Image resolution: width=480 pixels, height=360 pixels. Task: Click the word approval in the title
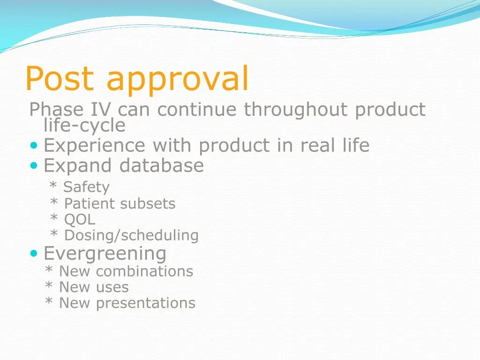[x=177, y=81]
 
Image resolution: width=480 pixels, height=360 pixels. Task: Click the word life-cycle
[x=84, y=125]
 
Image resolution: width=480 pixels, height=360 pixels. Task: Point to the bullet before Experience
[x=33, y=146]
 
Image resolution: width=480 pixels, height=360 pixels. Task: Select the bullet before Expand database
[x=33, y=165]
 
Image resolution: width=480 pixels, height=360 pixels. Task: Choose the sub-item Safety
[x=86, y=187]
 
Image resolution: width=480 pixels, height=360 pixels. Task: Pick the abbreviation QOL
[x=80, y=219]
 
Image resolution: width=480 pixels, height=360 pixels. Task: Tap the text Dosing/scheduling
[x=131, y=235]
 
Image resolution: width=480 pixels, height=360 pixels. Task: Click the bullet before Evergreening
[x=33, y=254]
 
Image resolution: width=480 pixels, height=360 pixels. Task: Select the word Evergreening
[x=105, y=254]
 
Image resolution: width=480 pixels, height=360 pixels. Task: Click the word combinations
[x=144, y=271]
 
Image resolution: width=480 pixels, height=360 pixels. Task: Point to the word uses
[x=112, y=287]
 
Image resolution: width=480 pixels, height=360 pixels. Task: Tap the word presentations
[x=145, y=303]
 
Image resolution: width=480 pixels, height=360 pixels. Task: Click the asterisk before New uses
[x=49, y=285]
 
